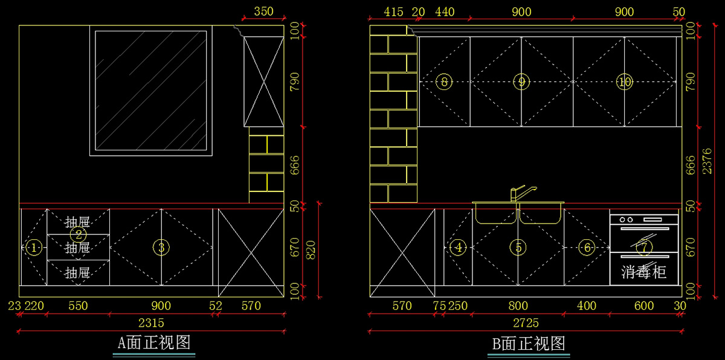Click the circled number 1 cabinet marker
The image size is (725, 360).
pos(34,247)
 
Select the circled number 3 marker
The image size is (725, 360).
pos(161,247)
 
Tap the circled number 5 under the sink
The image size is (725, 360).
pos(518,247)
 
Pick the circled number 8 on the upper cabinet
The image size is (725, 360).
pos(444,82)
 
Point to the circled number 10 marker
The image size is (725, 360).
pos(624,82)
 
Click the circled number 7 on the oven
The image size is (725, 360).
pos(644,246)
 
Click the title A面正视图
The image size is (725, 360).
pos(154,343)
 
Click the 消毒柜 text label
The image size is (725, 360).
pos(644,272)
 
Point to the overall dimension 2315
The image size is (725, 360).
pos(151,323)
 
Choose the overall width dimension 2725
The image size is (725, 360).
pos(526,323)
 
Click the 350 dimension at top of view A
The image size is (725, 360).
pos(263,11)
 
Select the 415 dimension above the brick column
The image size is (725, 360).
pos(393,11)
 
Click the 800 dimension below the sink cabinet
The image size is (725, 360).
pos(518,306)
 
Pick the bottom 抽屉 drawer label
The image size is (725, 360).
pos(77,272)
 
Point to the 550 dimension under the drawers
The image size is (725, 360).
pos(77,306)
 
